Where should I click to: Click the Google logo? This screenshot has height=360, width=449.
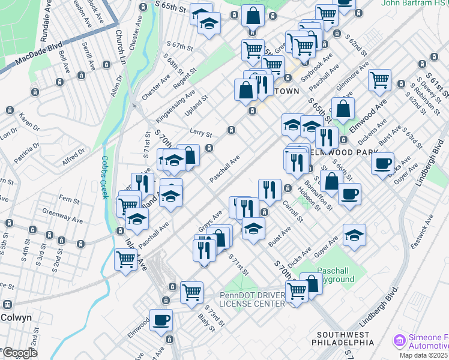coord(19,353)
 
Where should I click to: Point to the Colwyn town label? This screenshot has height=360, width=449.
coord(16,317)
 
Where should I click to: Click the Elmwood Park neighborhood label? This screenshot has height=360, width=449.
coord(336,152)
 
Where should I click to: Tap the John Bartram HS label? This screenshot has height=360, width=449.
coord(414,3)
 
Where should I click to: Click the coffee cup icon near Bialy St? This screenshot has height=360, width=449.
coord(161,319)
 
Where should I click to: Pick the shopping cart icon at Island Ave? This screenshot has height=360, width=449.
coord(125,259)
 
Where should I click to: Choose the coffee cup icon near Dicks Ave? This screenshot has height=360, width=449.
coord(382,163)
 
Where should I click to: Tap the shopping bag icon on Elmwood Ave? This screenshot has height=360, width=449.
coord(343,109)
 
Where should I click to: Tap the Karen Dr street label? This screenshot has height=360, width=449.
coord(28,120)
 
